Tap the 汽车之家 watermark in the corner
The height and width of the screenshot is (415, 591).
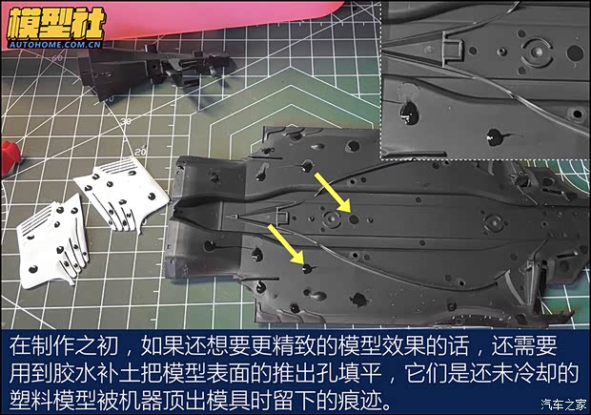pyautogui.click(x=560, y=404)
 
